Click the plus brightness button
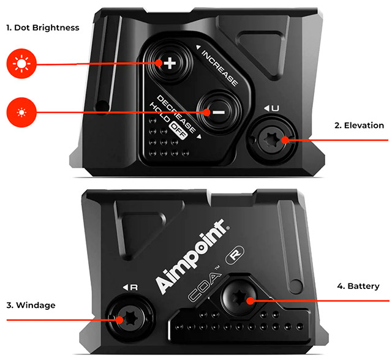click(169, 63)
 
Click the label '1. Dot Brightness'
click(42, 28)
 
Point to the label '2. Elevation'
click(359, 126)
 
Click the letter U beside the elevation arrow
click(275, 108)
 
